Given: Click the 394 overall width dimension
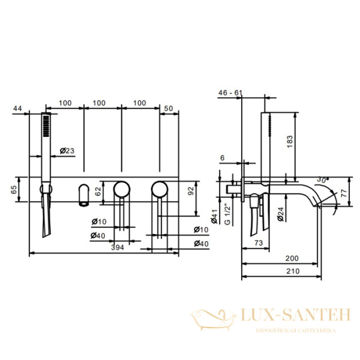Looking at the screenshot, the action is [118, 247].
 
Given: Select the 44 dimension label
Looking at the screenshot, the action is [17, 108].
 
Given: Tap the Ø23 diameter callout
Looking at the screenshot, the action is [67, 151].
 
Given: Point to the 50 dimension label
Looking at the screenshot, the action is [169, 109].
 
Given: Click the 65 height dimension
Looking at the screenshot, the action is [14, 190].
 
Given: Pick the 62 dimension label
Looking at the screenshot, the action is [98, 191].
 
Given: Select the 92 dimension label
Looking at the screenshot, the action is [191, 191].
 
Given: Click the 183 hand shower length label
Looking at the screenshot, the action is [290, 142].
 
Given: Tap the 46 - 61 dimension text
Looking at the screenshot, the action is [230, 93].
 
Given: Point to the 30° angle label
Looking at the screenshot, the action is [323, 179].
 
